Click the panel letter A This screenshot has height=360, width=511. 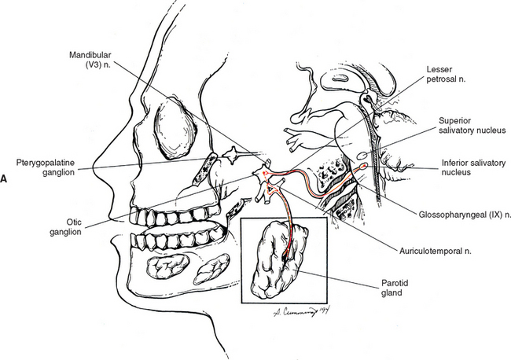pyautogui.click(x=5, y=179)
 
